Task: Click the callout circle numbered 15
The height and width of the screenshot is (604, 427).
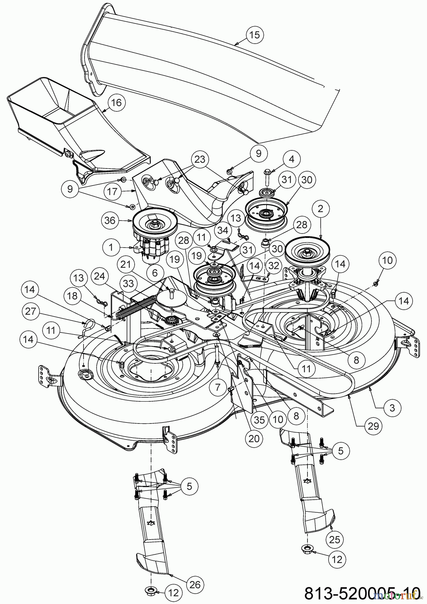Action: point(255,35)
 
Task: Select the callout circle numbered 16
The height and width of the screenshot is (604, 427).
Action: point(116,103)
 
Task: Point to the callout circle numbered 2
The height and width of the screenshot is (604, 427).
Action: point(320,209)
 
